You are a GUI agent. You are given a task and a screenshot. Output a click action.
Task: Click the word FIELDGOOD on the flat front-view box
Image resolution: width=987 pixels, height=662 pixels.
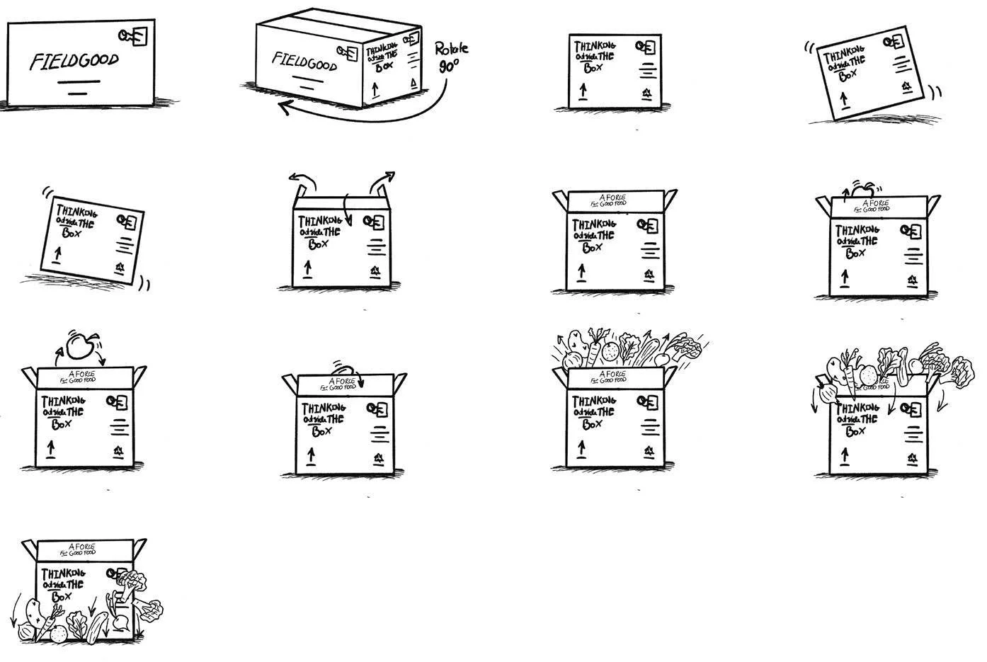click(x=74, y=61)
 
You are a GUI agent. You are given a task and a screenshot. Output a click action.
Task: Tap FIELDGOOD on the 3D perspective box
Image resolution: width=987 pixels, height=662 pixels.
click(x=304, y=62)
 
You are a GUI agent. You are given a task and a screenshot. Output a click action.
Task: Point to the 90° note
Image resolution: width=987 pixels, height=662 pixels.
click(x=449, y=67)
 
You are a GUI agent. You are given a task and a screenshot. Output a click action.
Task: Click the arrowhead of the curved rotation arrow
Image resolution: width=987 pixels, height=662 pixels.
click(x=285, y=108)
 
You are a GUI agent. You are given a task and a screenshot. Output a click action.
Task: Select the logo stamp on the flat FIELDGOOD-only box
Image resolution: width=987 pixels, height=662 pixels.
click(x=134, y=36)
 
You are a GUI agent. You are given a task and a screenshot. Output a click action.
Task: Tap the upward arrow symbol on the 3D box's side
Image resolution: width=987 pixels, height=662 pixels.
click(x=376, y=90)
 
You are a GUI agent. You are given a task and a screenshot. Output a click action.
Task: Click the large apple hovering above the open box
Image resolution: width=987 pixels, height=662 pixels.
click(x=79, y=347)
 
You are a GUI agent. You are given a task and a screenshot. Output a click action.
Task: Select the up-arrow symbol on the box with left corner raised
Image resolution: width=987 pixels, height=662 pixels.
click(x=57, y=253)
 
